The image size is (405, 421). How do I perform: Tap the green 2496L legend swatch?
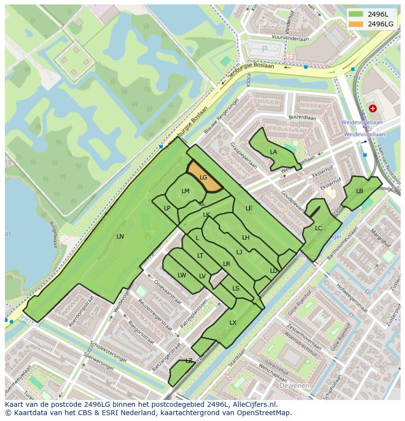click(x=356, y=14)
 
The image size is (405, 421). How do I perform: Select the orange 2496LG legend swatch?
click(x=356, y=24)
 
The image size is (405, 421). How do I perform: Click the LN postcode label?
click(x=120, y=237)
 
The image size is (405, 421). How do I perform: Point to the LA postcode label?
click(x=273, y=152)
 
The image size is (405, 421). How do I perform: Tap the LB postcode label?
click(x=360, y=191)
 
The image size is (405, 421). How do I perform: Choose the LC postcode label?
click(x=318, y=228)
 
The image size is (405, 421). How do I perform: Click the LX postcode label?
click(x=233, y=323)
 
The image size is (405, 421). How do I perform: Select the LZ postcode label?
click(x=189, y=361)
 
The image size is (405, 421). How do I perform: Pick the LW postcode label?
click(x=182, y=275)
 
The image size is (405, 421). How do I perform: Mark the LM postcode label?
click(x=185, y=191)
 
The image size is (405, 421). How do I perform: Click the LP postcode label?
click(x=167, y=208)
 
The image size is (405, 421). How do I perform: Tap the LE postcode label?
click(x=249, y=208)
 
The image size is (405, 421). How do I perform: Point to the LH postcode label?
click(x=246, y=238)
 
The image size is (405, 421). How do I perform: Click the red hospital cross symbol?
click(x=373, y=108)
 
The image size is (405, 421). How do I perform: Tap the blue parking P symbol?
click(x=265, y=49)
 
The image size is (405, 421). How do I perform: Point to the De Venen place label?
click(x=294, y=386)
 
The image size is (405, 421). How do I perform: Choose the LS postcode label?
click(x=236, y=288)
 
